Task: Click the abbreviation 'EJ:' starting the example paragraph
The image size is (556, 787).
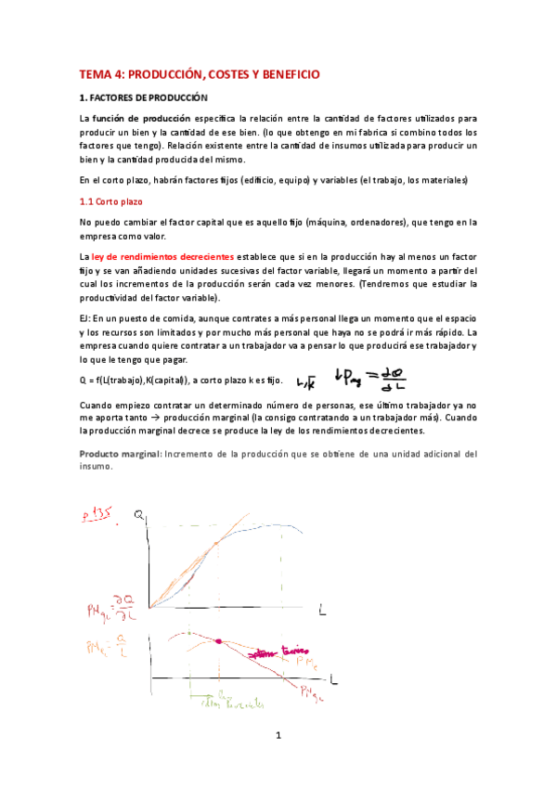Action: [85, 317]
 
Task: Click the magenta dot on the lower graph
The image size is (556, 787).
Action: [220, 641]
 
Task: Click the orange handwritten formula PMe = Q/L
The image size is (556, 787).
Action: [108, 646]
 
